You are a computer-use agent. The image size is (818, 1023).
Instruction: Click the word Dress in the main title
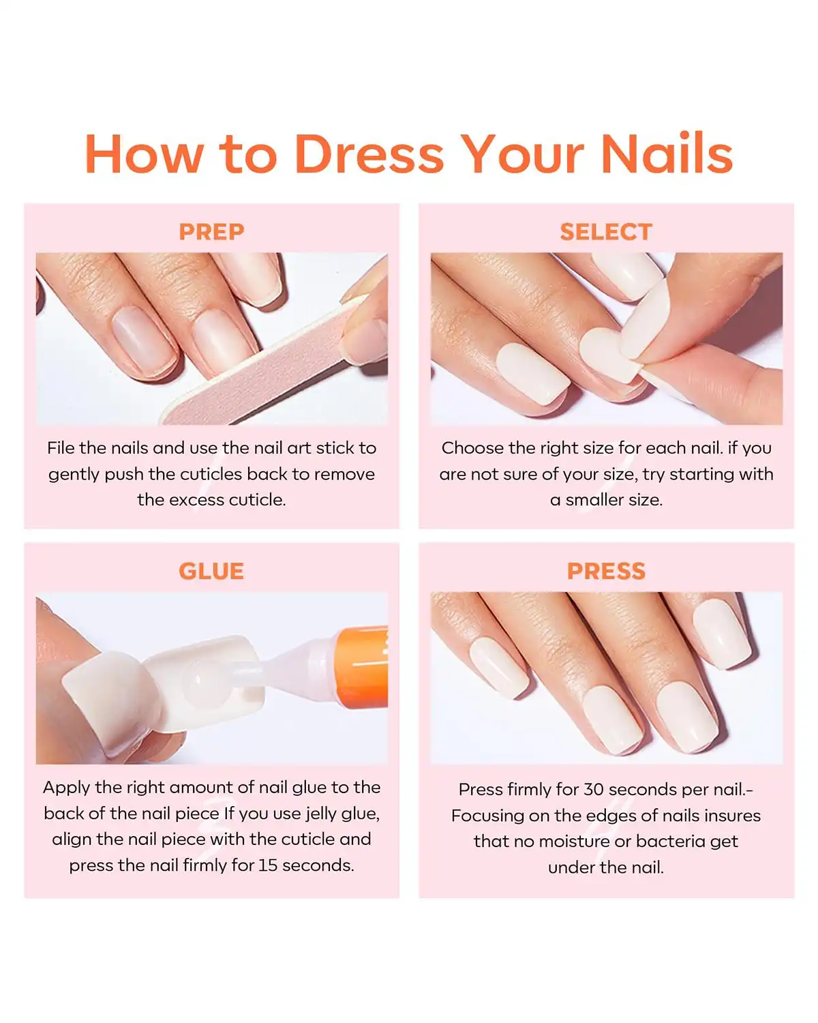pos(369,154)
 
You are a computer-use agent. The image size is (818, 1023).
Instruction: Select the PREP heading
pos(211,232)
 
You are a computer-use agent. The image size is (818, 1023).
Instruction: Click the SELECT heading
pos(606,232)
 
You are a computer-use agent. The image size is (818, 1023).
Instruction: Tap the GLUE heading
pos(211,571)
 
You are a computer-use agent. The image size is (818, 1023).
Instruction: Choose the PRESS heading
pos(606,571)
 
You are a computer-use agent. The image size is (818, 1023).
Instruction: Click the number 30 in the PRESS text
pos(594,789)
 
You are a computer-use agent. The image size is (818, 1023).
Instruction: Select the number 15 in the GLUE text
pos(268,865)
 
